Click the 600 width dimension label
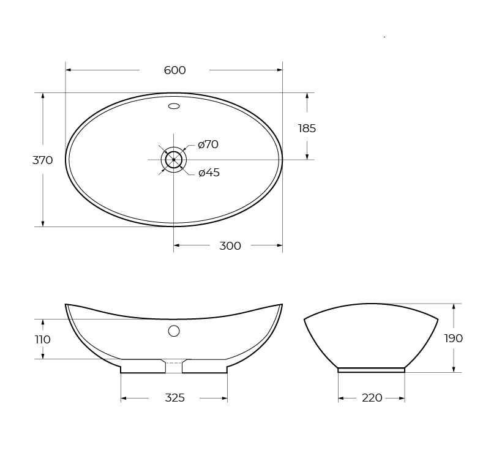point(174,70)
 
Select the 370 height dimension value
point(42,160)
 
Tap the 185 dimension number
point(307,129)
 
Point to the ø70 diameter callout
point(208,144)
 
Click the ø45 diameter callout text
point(209,173)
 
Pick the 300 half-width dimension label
point(230,246)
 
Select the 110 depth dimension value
point(42,340)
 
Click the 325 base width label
point(174,398)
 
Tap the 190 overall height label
point(453,339)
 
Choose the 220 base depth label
point(372,398)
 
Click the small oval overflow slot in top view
point(174,107)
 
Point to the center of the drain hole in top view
point(174,160)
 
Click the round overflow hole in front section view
point(174,331)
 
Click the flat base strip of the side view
point(372,370)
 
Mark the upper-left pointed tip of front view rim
point(66,304)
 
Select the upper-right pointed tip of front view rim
point(282,304)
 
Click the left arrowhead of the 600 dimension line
point(68,70)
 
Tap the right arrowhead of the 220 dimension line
point(402,399)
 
